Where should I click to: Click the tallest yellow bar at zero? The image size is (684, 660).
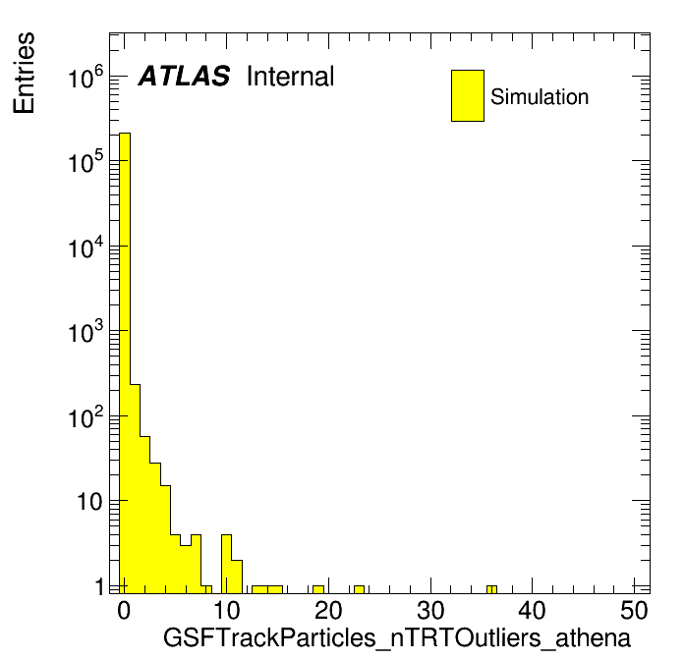tap(125, 362)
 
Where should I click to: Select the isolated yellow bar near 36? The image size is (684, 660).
tap(491, 589)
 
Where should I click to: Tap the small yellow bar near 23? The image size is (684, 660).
tap(359, 589)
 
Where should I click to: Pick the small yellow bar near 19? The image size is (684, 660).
tap(318, 589)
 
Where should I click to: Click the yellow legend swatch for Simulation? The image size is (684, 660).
tap(468, 95)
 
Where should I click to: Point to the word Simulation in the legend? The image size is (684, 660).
tap(540, 96)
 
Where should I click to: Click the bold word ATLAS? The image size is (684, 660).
tap(184, 76)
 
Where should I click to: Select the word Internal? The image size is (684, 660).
tap(291, 76)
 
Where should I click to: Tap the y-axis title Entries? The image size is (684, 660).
tap(24, 73)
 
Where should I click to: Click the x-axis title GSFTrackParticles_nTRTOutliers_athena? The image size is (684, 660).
tap(397, 637)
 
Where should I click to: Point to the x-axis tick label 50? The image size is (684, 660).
tap(634, 610)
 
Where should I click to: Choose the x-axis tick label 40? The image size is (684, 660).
tap(532, 610)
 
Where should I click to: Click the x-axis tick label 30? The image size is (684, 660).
tap(430, 610)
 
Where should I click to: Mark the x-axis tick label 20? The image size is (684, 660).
tap(328, 610)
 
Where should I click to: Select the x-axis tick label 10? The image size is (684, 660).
tap(226, 610)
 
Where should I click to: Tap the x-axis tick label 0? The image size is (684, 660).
tap(124, 610)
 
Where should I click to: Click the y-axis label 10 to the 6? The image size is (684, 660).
tap(86, 77)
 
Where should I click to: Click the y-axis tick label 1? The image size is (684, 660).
tap(100, 586)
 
